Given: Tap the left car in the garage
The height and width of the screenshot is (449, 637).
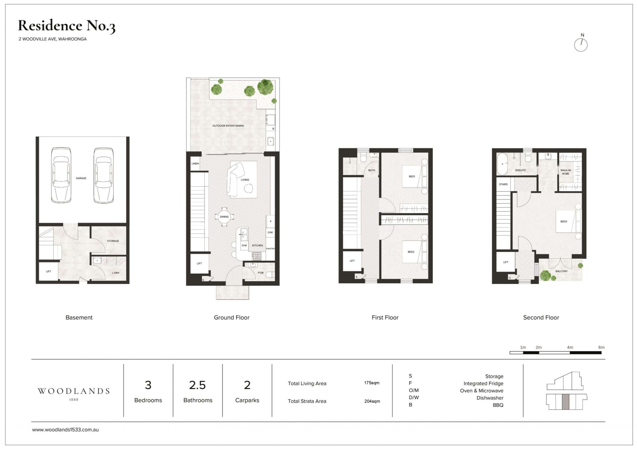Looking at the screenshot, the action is pyautogui.click(x=61, y=175).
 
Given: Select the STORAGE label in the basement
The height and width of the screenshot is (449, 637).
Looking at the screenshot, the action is pyautogui.click(x=113, y=241).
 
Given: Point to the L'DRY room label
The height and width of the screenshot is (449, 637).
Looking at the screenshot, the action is pyautogui.click(x=116, y=273).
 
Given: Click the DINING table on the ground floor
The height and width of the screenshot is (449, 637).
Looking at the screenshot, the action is pyautogui.click(x=224, y=217).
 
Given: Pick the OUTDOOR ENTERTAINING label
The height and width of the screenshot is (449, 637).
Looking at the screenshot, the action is pyautogui.click(x=228, y=126).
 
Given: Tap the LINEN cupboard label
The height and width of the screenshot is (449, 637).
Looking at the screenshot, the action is pyautogui.click(x=195, y=164).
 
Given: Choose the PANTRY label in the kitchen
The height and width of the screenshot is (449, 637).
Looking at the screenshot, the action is pyautogui.click(x=270, y=249).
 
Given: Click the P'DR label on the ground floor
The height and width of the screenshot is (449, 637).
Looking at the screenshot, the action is pyautogui.click(x=261, y=273).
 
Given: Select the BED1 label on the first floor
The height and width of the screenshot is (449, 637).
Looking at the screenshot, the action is pyautogui.click(x=412, y=177).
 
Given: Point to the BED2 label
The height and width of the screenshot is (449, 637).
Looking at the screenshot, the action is pyautogui.click(x=411, y=252).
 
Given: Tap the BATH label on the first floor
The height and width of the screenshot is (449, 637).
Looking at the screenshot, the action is pyautogui.click(x=372, y=170).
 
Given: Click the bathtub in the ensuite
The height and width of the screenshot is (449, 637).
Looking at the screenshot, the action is pyautogui.click(x=502, y=164).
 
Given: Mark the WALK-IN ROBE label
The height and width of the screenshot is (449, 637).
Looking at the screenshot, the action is pyautogui.click(x=566, y=172).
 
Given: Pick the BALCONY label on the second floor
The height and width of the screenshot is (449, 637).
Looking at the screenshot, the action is pyautogui.click(x=561, y=271).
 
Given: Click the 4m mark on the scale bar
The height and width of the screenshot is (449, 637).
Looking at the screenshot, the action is pyautogui.click(x=570, y=348).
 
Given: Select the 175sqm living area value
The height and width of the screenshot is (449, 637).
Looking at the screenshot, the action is pyautogui.click(x=372, y=383).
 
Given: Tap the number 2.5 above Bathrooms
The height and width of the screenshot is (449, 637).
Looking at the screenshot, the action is pyautogui.click(x=197, y=385).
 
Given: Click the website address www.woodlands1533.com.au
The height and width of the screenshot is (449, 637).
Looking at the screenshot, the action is pyautogui.click(x=65, y=430).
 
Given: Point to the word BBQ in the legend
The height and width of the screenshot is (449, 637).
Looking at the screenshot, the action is pyautogui.click(x=498, y=405).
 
